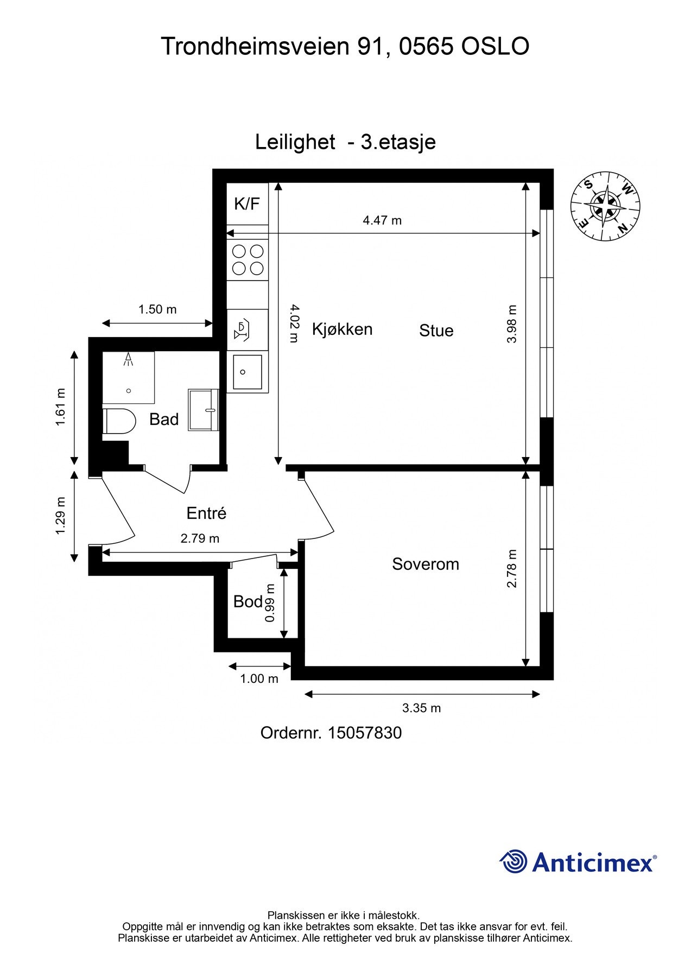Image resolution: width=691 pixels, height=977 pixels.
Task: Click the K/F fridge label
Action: (x=247, y=204)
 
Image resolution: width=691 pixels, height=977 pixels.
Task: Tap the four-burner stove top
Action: (x=248, y=259)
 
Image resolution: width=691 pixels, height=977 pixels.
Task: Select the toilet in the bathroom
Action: (x=118, y=421)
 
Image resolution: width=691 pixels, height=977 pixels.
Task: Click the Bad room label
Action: (x=164, y=419)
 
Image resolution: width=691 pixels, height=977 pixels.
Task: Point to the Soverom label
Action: (x=426, y=564)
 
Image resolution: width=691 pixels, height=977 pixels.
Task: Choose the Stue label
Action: (x=436, y=331)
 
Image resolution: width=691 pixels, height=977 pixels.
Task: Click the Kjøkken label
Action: (x=342, y=329)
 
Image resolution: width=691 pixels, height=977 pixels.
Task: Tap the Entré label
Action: (x=206, y=513)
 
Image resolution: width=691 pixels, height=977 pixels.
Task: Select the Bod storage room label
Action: (x=248, y=601)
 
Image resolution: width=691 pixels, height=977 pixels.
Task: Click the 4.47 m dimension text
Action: (x=382, y=220)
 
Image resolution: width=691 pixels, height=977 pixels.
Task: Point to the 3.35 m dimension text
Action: (x=421, y=708)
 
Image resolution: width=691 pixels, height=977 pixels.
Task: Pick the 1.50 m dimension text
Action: (x=157, y=309)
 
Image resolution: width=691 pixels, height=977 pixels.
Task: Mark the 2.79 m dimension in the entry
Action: (x=200, y=538)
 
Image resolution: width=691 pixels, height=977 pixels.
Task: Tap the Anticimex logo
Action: (x=578, y=861)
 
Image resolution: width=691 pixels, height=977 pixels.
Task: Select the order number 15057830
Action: (x=365, y=733)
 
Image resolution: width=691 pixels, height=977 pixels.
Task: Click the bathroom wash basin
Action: (x=203, y=410)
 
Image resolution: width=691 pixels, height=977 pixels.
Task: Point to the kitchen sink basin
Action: (x=248, y=372)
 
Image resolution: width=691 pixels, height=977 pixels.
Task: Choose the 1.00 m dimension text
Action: (x=259, y=678)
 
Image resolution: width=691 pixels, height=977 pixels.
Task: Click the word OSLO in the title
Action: (x=495, y=47)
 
